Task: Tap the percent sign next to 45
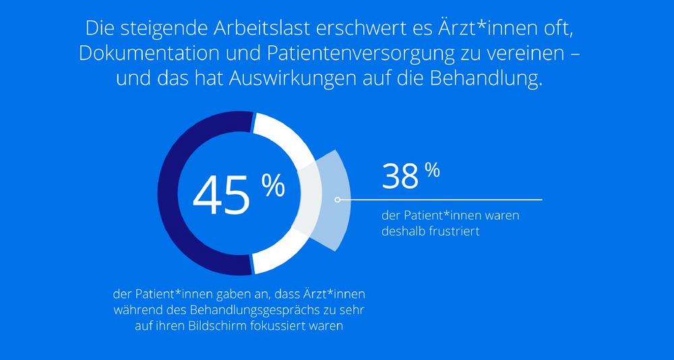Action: click(x=273, y=186)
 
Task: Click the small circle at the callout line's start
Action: click(x=337, y=200)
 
